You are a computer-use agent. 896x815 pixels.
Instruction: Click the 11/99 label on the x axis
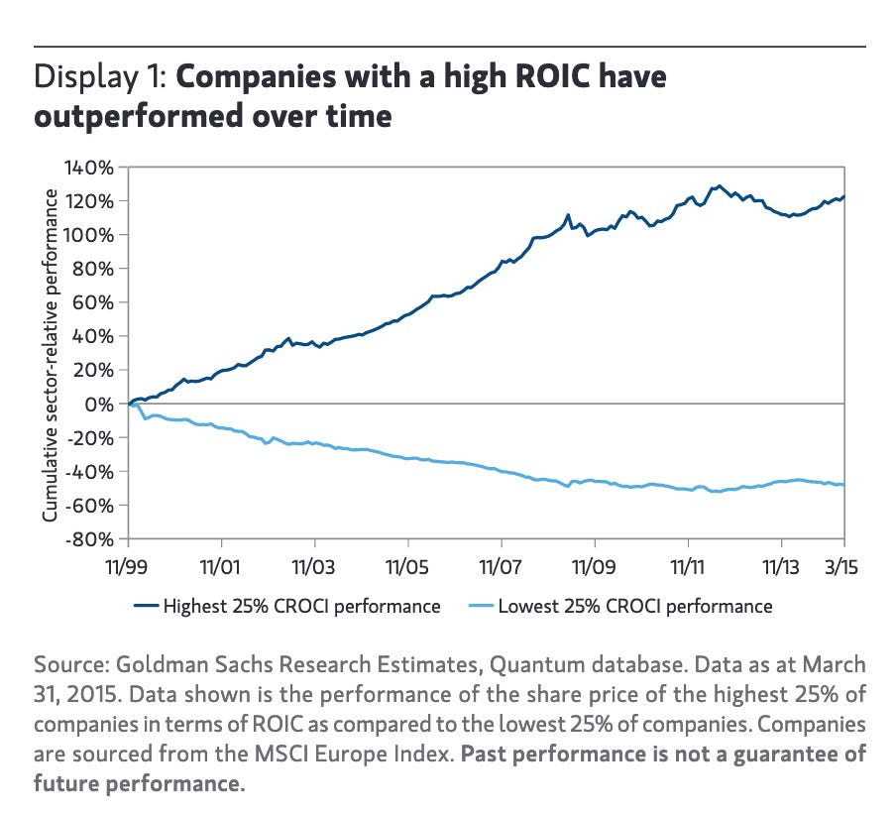pyautogui.click(x=129, y=571)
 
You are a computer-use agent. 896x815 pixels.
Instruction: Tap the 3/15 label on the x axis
pyautogui.click(x=843, y=571)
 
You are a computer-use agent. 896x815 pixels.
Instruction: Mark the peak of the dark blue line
pyautogui.click(x=719, y=185)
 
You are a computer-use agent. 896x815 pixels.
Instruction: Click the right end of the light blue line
pyautogui.click(x=843, y=484)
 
